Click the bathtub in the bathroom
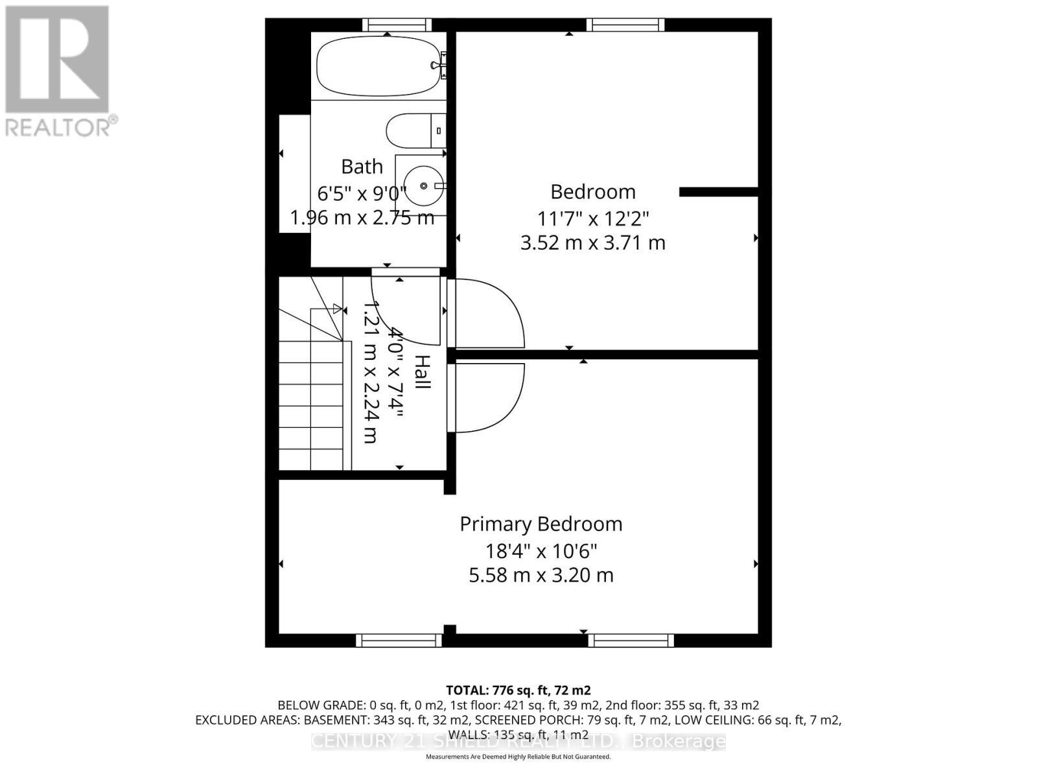pyautogui.click(x=376, y=66)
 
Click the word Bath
pyautogui.click(x=362, y=167)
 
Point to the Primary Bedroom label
pyautogui.click(x=541, y=524)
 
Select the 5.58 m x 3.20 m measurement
pyautogui.click(x=541, y=575)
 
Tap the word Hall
pyautogui.click(x=422, y=371)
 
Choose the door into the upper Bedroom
pyautogui.click(x=486, y=313)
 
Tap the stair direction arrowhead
pyautogui.click(x=336, y=309)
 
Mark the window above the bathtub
pyautogui.click(x=397, y=25)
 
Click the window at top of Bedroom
pyautogui.click(x=625, y=25)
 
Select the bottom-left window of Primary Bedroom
pyautogui.click(x=399, y=641)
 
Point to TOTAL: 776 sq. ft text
pyautogui.click(x=518, y=690)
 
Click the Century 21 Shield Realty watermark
pyautogui.click(x=518, y=741)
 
